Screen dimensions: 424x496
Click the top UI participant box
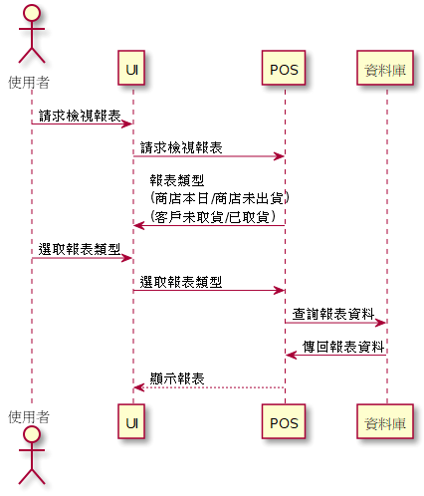[x=131, y=68]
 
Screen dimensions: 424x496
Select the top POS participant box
[x=284, y=68]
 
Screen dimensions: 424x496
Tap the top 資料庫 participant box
[x=385, y=68]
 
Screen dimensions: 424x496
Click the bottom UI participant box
[x=131, y=421]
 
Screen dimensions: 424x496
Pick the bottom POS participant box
[x=284, y=421]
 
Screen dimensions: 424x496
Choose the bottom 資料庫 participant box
[x=385, y=421]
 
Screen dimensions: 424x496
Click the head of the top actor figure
[x=32, y=13]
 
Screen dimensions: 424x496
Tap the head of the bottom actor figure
[x=32, y=434]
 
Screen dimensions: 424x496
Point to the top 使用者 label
[x=29, y=83]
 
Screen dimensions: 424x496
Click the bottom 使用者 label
[x=29, y=417]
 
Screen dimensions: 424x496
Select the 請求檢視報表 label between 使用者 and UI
[x=80, y=116]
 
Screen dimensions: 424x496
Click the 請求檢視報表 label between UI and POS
[x=181, y=147]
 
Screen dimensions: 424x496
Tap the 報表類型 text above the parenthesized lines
[x=177, y=180]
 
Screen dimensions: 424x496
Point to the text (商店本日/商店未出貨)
[x=220, y=198]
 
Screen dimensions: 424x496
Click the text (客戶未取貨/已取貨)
[x=213, y=217]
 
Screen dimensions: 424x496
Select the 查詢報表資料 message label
[x=333, y=314]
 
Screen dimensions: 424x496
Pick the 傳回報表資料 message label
[x=343, y=347]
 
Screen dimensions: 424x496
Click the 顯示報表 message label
[x=177, y=378]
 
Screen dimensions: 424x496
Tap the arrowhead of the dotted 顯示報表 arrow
[x=138, y=387]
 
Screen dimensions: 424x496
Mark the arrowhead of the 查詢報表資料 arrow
[x=380, y=323]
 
